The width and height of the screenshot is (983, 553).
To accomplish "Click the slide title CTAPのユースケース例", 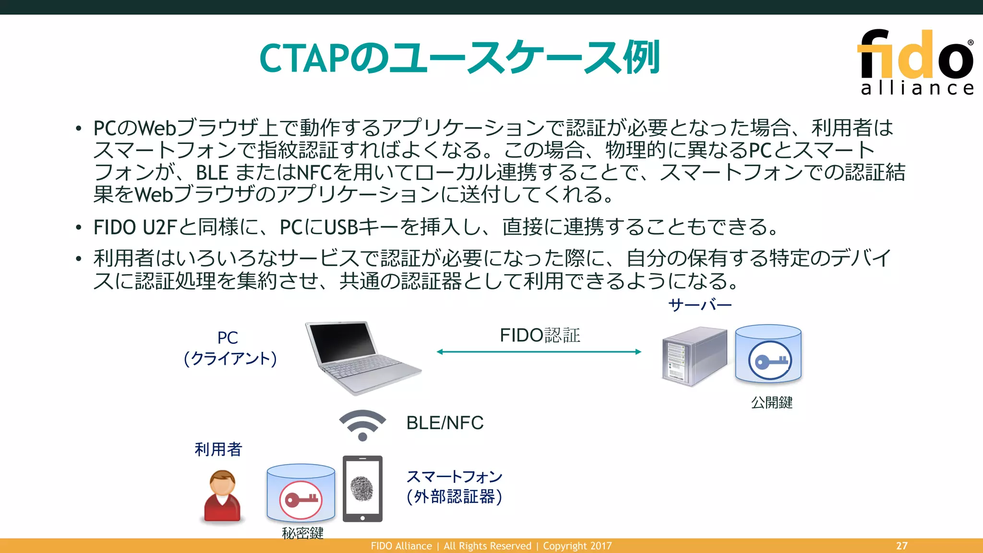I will tap(459, 58).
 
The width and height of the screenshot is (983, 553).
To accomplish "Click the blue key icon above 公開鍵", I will tap(769, 361).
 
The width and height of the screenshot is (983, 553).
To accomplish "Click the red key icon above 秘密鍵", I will tap(301, 499).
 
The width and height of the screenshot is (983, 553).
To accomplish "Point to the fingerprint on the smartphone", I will tap(362, 489).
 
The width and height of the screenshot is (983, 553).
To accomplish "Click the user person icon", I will tap(222, 496).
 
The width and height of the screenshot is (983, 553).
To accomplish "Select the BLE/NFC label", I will tap(444, 423).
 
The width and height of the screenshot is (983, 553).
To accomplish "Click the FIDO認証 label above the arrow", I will tap(540, 335).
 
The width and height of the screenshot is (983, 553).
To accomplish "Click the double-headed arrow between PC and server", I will tap(539, 352).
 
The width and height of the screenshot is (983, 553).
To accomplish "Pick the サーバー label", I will tap(700, 305).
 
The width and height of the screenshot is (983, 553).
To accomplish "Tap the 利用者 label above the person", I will tap(218, 449).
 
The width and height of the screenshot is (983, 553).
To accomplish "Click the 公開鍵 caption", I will tap(771, 402).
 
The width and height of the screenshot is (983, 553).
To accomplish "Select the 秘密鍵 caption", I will tap(302, 533).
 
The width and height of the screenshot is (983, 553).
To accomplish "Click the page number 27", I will tap(901, 546).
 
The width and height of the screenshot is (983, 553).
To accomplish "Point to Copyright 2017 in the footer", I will tap(577, 546).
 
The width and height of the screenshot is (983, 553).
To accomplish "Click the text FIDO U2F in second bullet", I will tap(135, 227).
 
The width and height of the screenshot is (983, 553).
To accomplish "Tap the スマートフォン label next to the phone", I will tap(454, 477).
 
